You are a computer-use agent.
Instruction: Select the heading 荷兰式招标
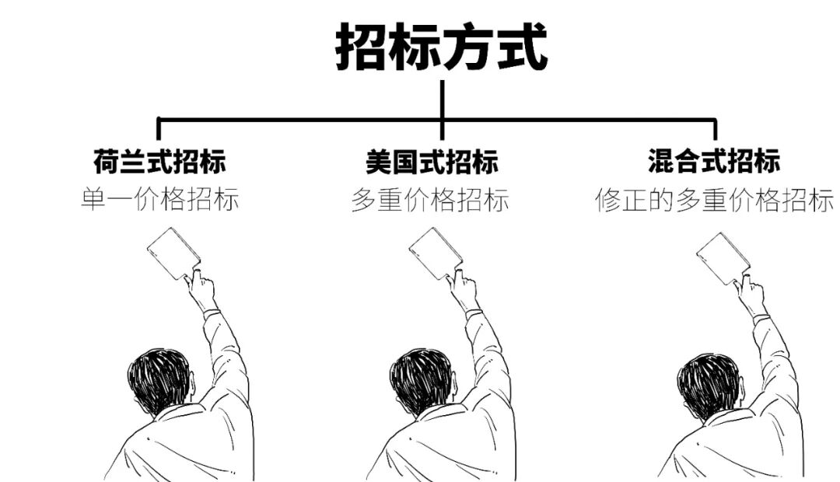(x=159, y=162)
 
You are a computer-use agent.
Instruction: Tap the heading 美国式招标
(x=432, y=162)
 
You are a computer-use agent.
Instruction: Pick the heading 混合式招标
(x=713, y=162)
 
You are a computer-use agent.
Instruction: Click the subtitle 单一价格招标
(x=159, y=201)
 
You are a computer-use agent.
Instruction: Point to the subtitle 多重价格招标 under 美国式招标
(x=430, y=201)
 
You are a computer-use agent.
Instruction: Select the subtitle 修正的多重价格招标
(x=713, y=201)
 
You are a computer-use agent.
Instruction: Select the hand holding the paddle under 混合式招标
(x=751, y=295)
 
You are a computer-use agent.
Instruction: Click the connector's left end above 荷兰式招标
(x=159, y=127)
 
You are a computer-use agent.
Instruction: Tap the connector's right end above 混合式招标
(x=714, y=127)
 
